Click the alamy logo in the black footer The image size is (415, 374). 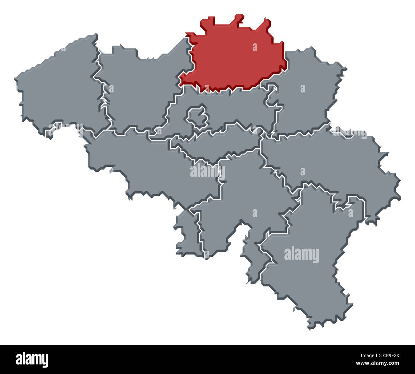(32, 359)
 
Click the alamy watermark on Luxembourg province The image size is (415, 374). (301, 255)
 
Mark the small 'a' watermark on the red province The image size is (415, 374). (255, 47)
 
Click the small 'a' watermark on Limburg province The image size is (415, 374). (303, 88)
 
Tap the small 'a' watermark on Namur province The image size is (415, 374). (255, 213)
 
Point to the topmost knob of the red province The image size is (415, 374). (239, 18)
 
